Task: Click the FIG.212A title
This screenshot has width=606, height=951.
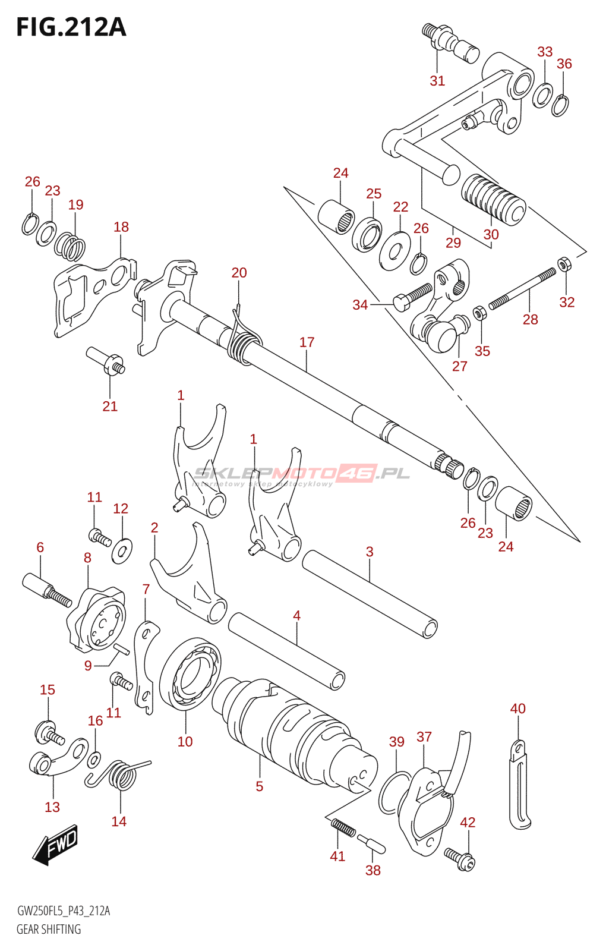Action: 71,27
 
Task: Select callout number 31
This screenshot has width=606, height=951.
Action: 437,81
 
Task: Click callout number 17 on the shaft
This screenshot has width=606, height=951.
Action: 307,342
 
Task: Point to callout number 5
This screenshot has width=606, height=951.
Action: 259,786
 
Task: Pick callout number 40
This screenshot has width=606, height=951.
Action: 518,708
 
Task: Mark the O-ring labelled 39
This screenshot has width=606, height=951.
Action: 393,792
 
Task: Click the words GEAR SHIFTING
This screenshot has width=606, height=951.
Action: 49,929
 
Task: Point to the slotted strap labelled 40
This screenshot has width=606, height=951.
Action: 519,785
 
